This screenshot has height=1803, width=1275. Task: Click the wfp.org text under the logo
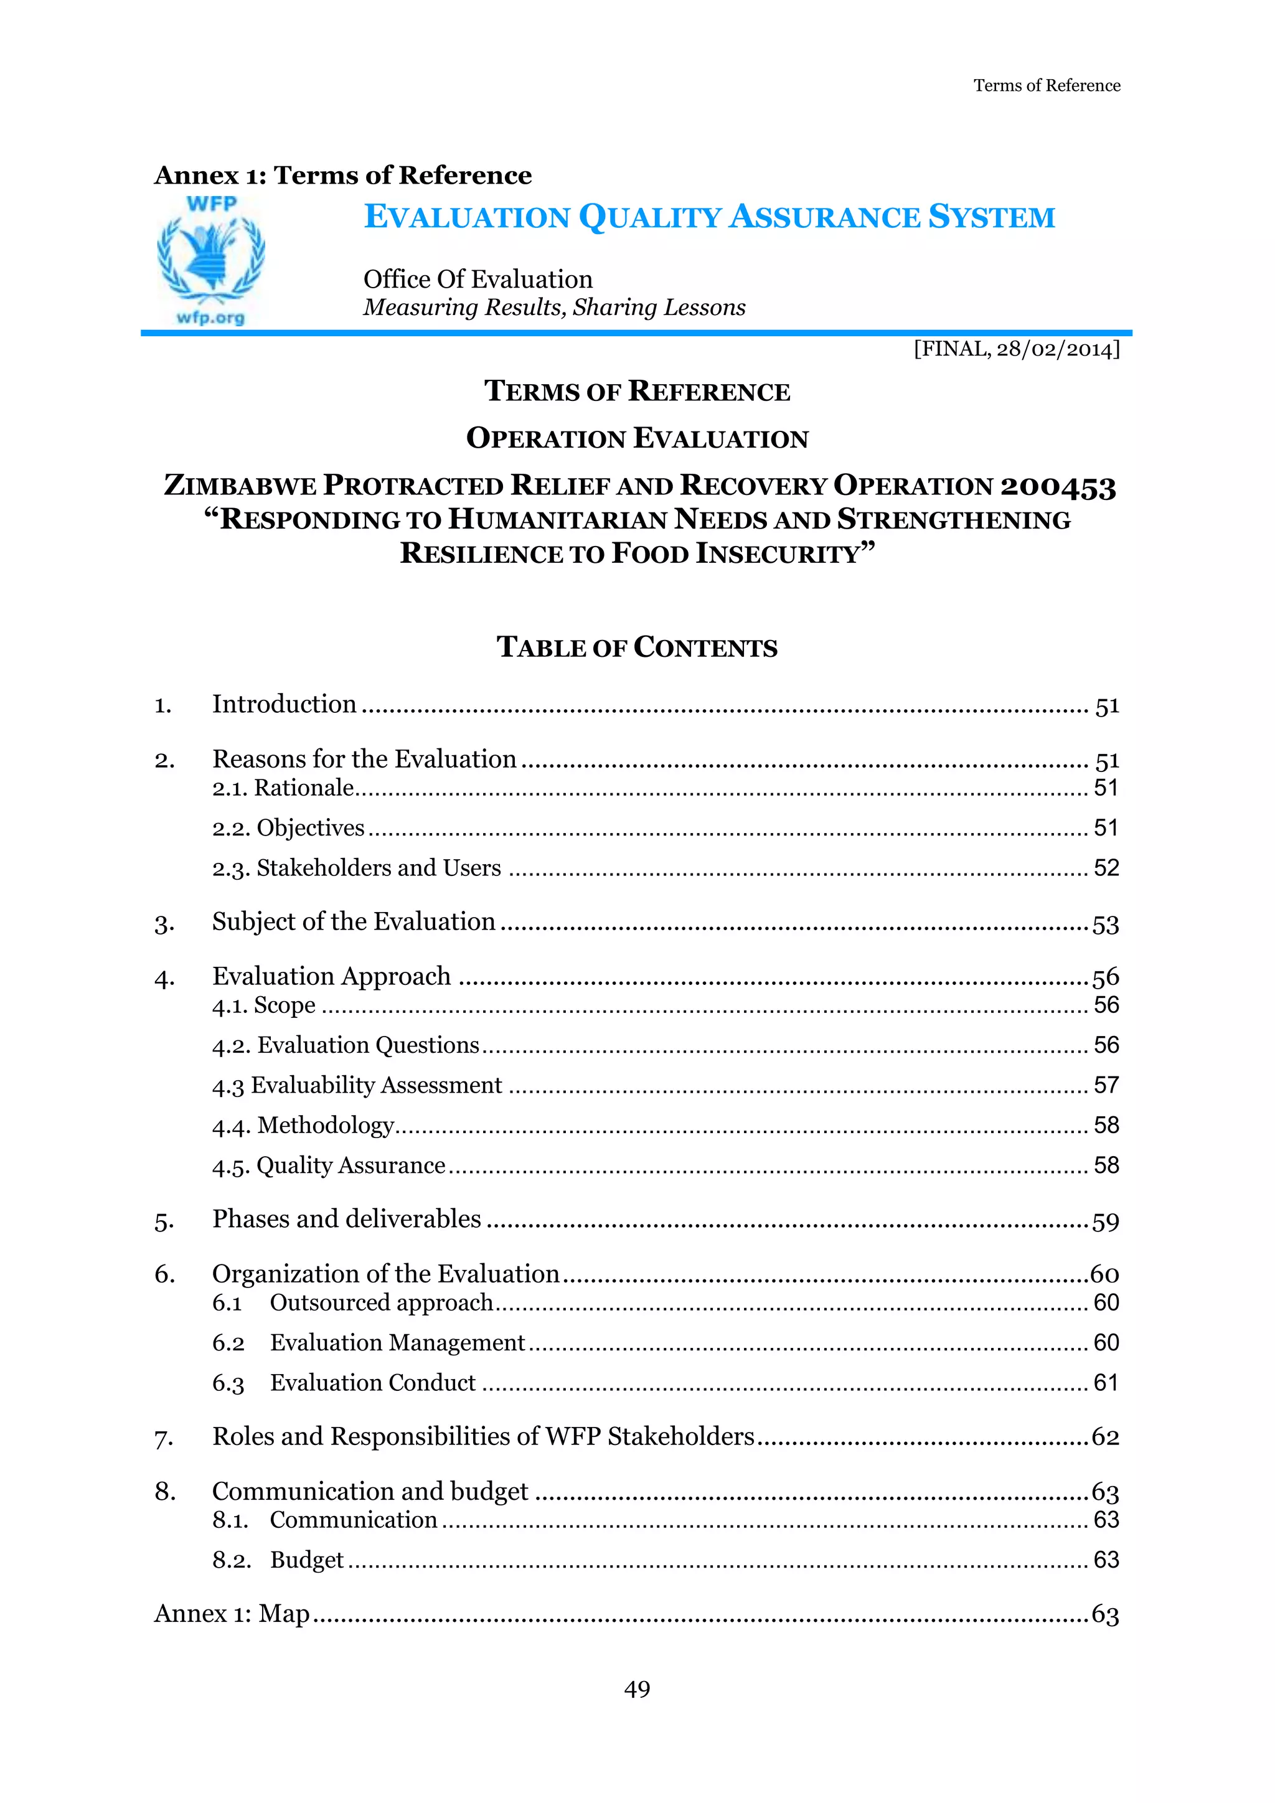click(x=210, y=318)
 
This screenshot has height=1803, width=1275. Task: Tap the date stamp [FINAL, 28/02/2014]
click(x=1016, y=349)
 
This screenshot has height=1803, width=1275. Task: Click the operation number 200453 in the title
click(x=1058, y=487)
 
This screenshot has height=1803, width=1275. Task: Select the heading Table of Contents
click(x=637, y=648)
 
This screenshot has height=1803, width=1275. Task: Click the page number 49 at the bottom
click(x=637, y=1688)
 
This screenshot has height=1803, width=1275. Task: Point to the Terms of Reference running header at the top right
click(x=1047, y=85)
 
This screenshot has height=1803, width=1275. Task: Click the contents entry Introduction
click(x=285, y=704)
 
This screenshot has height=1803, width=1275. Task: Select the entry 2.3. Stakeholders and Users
click(x=357, y=869)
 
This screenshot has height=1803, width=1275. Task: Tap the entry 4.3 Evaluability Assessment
click(x=357, y=1085)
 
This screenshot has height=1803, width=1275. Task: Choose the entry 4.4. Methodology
click(x=303, y=1125)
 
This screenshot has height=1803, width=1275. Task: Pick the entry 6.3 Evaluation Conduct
click(x=344, y=1383)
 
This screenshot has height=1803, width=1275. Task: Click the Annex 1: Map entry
click(x=232, y=1614)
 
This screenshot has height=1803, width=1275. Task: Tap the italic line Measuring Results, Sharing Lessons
click(x=553, y=308)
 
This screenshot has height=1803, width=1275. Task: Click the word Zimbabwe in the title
click(x=240, y=487)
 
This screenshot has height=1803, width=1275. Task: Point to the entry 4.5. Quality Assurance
click(x=328, y=1165)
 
